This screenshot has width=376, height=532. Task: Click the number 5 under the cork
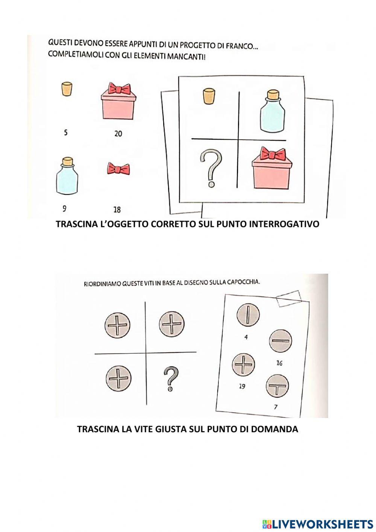click(x=66, y=133)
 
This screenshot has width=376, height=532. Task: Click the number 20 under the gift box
click(x=118, y=134)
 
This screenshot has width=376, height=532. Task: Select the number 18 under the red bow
click(x=117, y=210)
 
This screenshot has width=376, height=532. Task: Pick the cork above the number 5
click(x=67, y=89)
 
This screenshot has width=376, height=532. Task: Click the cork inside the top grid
click(x=209, y=96)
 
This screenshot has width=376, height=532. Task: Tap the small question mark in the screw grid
click(x=171, y=379)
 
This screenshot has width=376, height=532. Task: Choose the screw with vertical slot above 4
click(x=248, y=315)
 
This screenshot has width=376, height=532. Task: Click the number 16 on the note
click(x=279, y=363)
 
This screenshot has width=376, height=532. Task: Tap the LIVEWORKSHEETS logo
click(x=317, y=524)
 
